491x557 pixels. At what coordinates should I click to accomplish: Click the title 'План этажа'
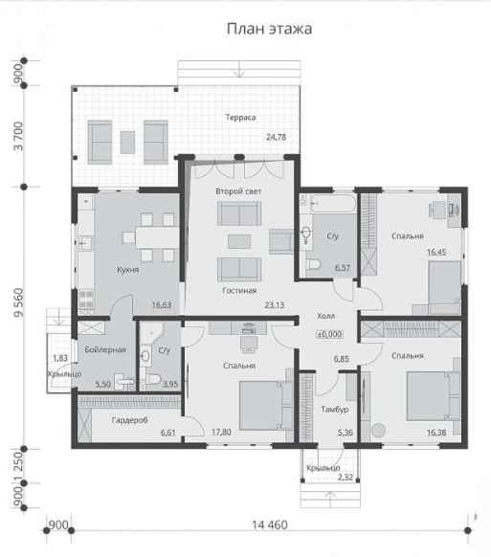pyautogui.click(x=269, y=29)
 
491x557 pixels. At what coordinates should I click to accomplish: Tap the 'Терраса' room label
pyautogui.click(x=240, y=117)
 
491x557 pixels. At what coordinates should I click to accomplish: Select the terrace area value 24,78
pyautogui.click(x=276, y=137)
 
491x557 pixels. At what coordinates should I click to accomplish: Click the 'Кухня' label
pyautogui.click(x=128, y=270)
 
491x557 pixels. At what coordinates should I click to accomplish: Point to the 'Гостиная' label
pyautogui.click(x=239, y=291)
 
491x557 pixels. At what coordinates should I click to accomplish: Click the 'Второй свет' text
pyautogui.click(x=238, y=191)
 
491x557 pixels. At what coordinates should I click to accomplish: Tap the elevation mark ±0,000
pyautogui.click(x=329, y=334)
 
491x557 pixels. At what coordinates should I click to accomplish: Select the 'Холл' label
pyautogui.click(x=325, y=316)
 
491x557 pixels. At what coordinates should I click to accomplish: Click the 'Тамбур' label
pyautogui.click(x=335, y=410)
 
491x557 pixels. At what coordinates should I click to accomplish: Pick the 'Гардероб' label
pyautogui.click(x=129, y=420)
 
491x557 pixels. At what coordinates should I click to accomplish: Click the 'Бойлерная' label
pyautogui.click(x=105, y=350)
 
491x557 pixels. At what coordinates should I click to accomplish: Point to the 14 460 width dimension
pyautogui.click(x=270, y=524)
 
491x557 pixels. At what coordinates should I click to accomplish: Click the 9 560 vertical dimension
pyautogui.click(x=18, y=302)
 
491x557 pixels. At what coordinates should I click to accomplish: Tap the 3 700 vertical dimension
pyautogui.click(x=18, y=136)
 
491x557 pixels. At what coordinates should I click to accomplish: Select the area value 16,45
pyautogui.click(x=436, y=253)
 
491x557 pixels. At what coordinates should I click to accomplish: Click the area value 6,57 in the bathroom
pyautogui.click(x=343, y=268)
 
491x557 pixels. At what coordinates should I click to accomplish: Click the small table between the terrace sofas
pyautogui.click(x=127, y=142)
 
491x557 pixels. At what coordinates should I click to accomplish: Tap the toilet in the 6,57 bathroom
pyautogui.click(x=313, y=265)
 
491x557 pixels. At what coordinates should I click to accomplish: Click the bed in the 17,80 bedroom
pyautogui.click(x=265, y=406)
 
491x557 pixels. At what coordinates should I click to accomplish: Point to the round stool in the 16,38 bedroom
pyautogui.click(x=379, y=430)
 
